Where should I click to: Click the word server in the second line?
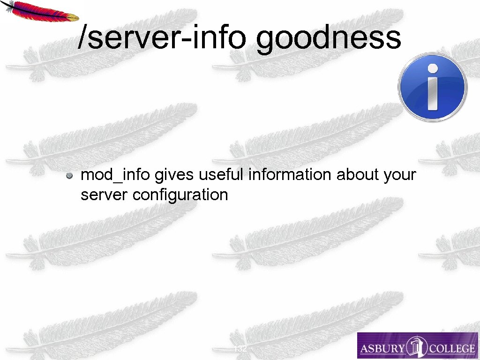click(x=105, y=195)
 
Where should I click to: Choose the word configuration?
click(x=180, y=195)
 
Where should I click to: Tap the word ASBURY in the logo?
click(x=380, y=348)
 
